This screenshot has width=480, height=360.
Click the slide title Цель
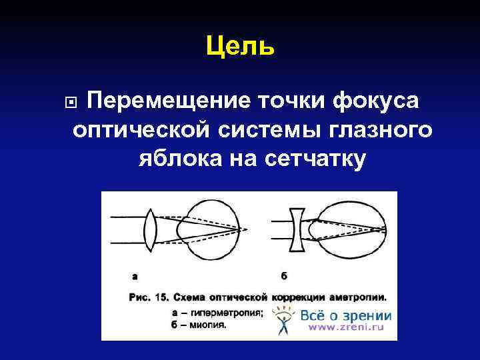[240, 46]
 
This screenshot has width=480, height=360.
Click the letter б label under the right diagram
[285, 274]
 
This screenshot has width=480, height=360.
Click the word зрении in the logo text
[368, 315]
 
